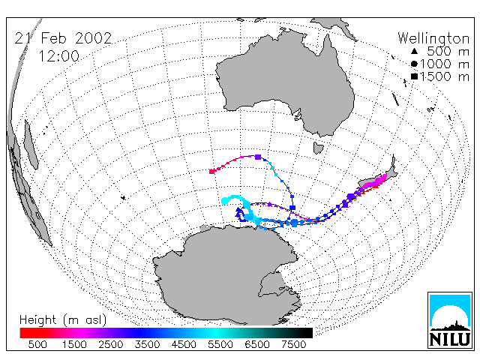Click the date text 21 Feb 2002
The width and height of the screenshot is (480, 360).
tap(63, 38)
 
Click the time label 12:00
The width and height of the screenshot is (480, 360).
tap(59, 56)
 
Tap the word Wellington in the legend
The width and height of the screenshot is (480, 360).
tap(433, 39)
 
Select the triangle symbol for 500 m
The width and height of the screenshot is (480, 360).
tap(414, 52)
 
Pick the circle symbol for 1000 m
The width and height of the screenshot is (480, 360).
tap(414, 64)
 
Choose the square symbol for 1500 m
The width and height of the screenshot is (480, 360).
tap(414, 76)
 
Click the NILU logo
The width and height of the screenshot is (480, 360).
tap(450, 320)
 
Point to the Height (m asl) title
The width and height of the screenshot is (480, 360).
tap(63, 320)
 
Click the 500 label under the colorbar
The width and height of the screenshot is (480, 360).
tap(37, 345)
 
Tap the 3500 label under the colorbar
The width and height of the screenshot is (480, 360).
tap(147, 345)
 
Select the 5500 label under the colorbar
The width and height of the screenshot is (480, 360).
tap(220, 345)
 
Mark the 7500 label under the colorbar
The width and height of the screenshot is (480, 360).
tap(293, 345)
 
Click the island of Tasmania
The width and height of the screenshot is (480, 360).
tap(318, 148)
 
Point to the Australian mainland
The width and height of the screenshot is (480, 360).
tap(285, 82)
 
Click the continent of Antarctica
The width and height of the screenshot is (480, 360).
tap(226, 275)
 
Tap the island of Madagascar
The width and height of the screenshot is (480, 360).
tap(31, 145)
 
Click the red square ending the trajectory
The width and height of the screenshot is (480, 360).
tap(211, 172)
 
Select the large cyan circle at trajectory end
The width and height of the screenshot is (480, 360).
tap(225, 201)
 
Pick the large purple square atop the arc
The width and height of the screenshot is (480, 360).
tap(258, 157)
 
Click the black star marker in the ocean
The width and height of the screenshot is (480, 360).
tap(123, 198)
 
